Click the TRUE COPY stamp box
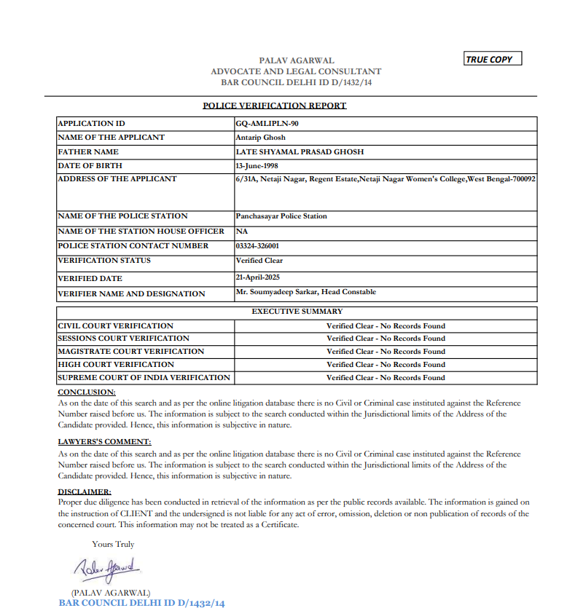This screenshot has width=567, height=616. click(x=493, y=59)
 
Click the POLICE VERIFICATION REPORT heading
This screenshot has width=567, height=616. click(x=274, y=106)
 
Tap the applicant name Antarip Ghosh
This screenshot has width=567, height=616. click(x=261, y=137)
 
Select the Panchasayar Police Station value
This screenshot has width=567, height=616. click(x=281, y=216)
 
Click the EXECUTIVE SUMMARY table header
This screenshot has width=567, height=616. click(x=297, y=311)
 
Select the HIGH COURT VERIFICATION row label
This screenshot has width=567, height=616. click(x=116, y=364)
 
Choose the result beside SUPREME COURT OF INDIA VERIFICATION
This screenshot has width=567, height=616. click(x=386, y=377)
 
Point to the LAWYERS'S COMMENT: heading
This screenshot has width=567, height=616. click(x=104, y=441)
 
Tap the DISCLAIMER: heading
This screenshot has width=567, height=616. click(x=85, y=492)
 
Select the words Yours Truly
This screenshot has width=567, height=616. click(x=113, y=544)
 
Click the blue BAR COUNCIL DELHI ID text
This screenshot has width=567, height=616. click(x=142, y=603)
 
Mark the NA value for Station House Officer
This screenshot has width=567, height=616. click(x=242, y=231)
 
